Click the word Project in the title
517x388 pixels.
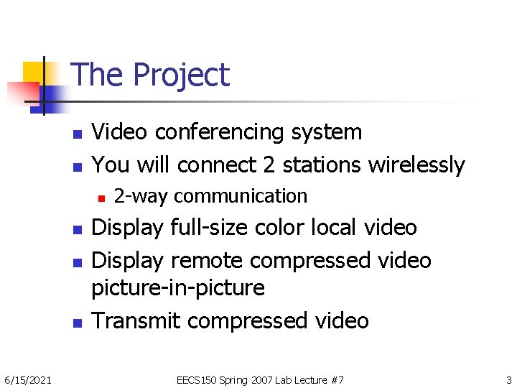click(x=181, y=75)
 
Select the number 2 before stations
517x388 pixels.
click(x=269, y=165)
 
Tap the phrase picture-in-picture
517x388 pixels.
click(x=178, y=288)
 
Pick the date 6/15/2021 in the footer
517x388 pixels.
click(x=27, y=379)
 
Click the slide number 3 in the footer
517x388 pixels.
click(x=508, y=379)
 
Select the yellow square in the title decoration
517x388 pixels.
click(x=32, y=72)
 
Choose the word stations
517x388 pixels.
click(x=322, y=165)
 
